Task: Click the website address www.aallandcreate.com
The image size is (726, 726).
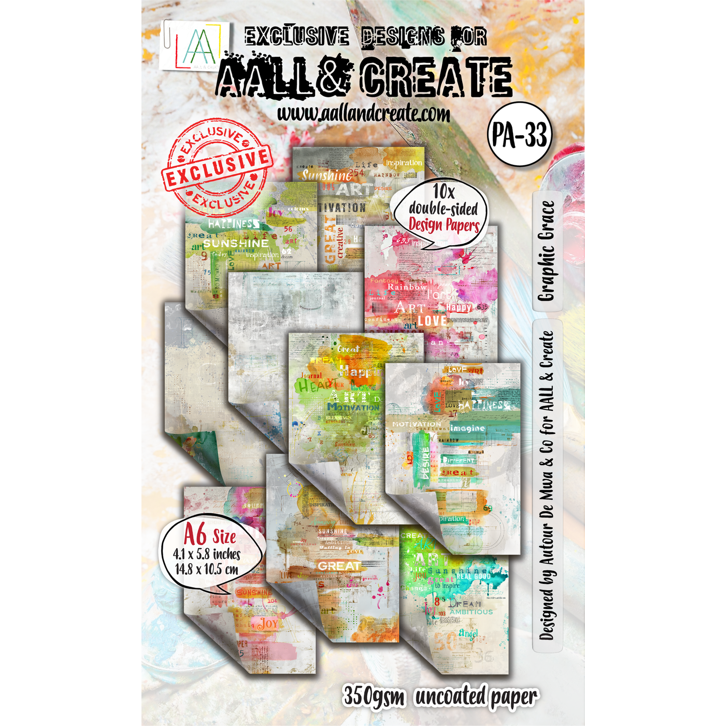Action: (363, 114)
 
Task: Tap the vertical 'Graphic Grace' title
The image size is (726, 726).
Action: (547, 251)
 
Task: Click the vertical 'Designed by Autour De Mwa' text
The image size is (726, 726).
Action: (547, 485)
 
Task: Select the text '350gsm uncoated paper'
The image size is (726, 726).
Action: (440, 697)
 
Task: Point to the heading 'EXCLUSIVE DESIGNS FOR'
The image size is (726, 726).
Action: (365, 37)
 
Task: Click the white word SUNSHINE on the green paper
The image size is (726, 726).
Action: (236, 243)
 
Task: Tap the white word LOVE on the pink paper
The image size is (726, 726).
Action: (432, 320)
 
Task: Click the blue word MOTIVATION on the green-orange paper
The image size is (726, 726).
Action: (354, 407)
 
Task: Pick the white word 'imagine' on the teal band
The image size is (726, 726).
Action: (468, 429)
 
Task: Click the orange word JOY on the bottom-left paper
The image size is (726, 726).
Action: (269, 624)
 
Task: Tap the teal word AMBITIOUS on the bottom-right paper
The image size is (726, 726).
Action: (471, 612)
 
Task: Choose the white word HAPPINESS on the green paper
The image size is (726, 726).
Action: (234, 224)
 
